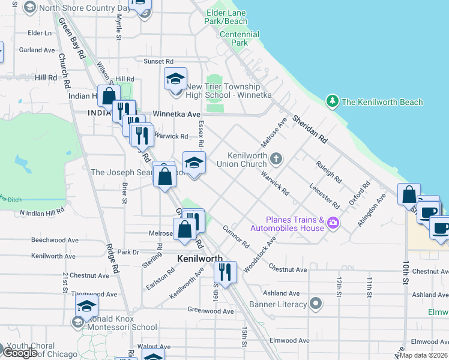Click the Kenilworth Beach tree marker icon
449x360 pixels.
[332, 101]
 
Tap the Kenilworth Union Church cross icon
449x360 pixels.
[276, 159]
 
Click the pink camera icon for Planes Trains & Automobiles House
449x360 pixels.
[333, 224]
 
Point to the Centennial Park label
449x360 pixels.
[239, 38]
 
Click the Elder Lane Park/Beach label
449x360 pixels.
[226, 17]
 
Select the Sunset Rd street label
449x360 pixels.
[158, 61]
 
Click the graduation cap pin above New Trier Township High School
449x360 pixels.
[175, 78]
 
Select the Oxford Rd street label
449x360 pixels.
[357, 208]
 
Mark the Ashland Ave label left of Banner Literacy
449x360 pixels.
[282, 293]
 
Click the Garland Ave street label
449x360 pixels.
[37, 50]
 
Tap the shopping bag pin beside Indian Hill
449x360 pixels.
[109, 96]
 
